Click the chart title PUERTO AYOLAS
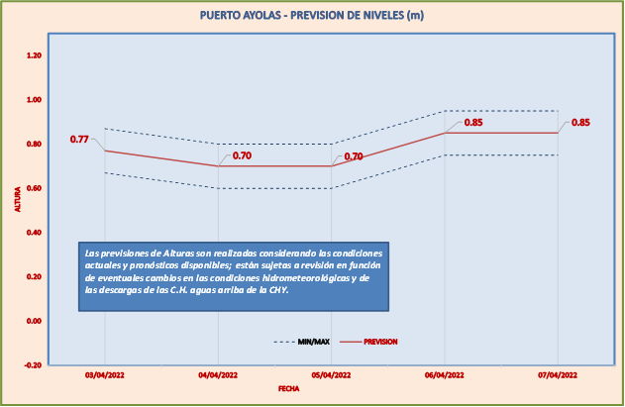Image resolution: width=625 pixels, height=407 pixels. click(312, 15)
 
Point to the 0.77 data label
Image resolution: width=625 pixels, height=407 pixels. click(79, 140)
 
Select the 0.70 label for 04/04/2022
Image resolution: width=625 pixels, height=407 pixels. click(242, 155)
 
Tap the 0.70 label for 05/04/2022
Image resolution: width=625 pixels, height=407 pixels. click(354, 156)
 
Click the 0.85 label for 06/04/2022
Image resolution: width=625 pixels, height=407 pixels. click(473, 123)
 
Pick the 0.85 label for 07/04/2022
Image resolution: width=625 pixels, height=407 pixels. click(580, 123)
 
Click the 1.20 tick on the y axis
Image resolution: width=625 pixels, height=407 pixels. click(33, 55)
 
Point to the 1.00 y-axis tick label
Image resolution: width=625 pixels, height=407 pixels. click(33, 100)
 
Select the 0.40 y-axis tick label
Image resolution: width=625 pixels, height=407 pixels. click(33, 233)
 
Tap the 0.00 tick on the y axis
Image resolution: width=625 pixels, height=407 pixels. click(33, 321)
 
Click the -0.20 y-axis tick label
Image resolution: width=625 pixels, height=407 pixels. click(33, 365)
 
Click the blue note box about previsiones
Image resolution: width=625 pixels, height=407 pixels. click(233, 276)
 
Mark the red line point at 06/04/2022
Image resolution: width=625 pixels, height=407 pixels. click(444, 133)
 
